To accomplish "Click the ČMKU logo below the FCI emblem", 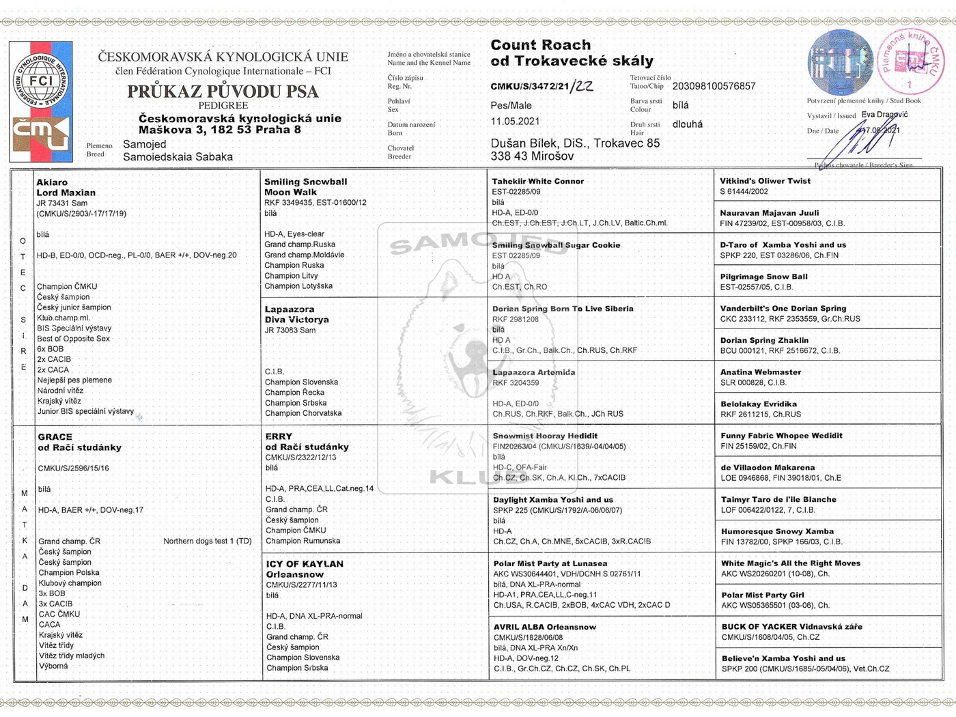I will point(41,134).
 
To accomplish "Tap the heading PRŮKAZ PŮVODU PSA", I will point(223,92).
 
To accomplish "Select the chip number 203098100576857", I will point(714,86).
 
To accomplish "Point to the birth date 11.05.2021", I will point(515,122).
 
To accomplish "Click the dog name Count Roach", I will point(540,45).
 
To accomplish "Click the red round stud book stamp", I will point(910,62).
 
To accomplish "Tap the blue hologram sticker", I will point(840,62).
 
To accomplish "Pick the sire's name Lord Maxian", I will point(66,193).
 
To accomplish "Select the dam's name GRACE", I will point(55,437).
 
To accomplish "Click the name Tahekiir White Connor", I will point(537,181).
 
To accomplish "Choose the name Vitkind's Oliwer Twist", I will point(765,181).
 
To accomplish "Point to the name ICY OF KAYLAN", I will point(305,564).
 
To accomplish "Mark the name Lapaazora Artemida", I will point(533,372).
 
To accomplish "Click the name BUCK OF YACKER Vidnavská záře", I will point(791,627).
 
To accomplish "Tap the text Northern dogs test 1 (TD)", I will point(208,541).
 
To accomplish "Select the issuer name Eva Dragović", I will point(884,115).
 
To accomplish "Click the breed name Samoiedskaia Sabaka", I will point(178,157).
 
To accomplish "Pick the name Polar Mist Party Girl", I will point(762,595).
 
